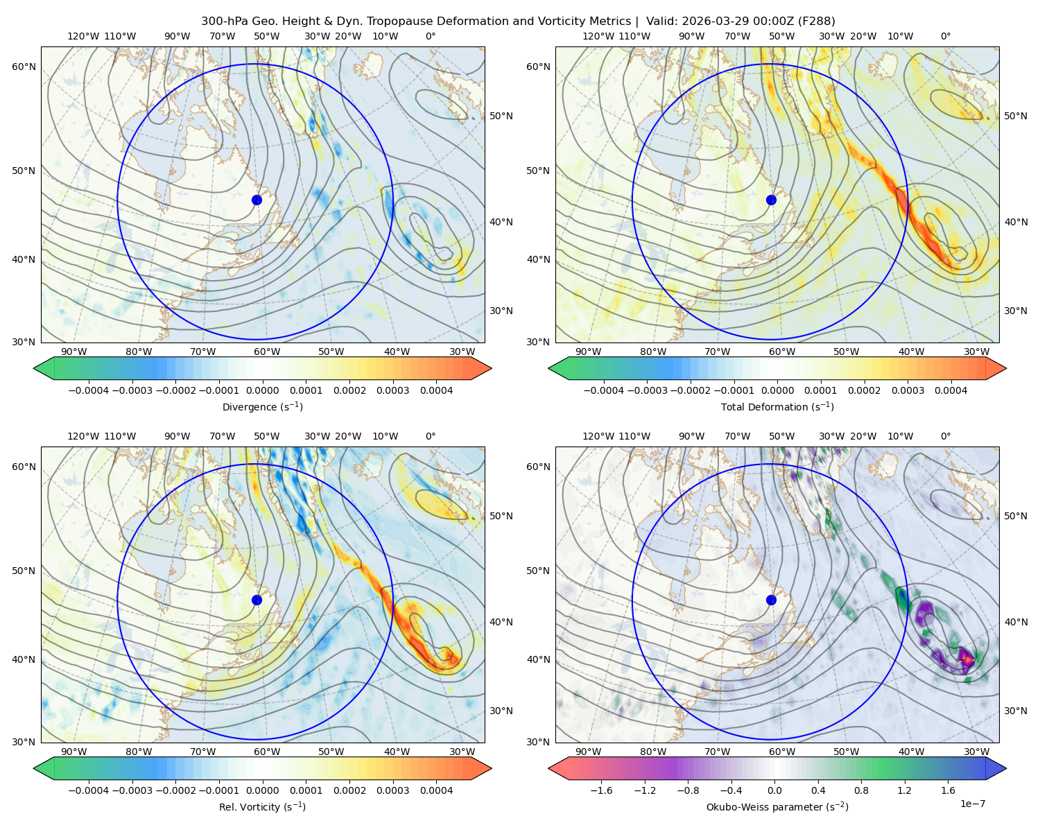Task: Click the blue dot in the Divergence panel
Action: click(257, 200)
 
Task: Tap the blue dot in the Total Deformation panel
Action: click(771, 200)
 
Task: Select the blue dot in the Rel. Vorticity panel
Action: click(257, 600)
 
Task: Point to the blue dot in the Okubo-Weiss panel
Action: click(771, 600)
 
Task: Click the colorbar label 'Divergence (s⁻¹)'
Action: click(262, 406)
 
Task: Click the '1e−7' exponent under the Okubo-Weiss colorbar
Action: click(972, 804)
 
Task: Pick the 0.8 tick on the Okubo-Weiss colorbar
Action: click(861, 790)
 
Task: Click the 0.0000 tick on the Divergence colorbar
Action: click(262, 390)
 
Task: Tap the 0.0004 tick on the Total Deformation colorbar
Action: click(951, 390)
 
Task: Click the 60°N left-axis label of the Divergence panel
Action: click(24, 67)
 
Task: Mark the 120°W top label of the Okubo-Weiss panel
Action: click(598, 436)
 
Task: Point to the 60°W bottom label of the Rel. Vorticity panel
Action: click(267, 752)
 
